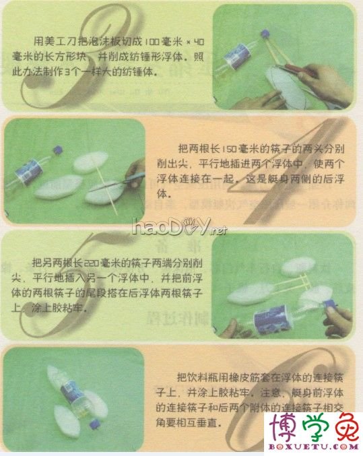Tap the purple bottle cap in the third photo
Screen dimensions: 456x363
pyautogui.click(x=331, y=305)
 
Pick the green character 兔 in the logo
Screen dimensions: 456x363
pyautogui.click(x=343, y=427)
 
